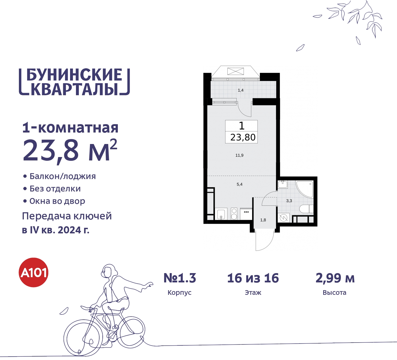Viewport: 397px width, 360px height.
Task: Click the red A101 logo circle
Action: click(x=34, y=272)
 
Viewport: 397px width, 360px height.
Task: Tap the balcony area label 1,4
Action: click(x=241, y=90)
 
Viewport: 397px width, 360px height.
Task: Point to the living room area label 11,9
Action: click(x=239, y=155)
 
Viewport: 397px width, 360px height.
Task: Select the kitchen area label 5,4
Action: click(x=239, y=184)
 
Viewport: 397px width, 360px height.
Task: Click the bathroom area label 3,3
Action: click(x=289, y=201)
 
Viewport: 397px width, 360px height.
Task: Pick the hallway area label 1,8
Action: click(x=263, y=220)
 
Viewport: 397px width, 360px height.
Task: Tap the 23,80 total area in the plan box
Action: click(x=243, y=137)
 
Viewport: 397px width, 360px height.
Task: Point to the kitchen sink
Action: click(x=221, y=214)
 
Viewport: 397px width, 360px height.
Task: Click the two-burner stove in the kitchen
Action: click(x=234, y=214)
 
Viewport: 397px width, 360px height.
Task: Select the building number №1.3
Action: click(x=180, y=278)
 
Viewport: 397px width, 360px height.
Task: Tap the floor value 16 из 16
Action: click(x=253, y=278)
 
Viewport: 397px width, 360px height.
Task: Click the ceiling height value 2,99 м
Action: click(x=335, y=278)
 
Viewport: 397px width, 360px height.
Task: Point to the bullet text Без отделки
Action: click(x=55, y=189)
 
